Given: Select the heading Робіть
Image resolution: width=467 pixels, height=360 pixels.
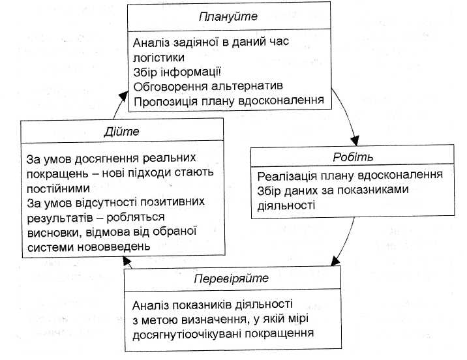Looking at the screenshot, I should [353, 157].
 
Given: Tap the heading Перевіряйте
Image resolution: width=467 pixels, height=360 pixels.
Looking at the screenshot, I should [231, 278].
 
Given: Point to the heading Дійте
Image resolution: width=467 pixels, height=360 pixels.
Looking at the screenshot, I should [122, 131].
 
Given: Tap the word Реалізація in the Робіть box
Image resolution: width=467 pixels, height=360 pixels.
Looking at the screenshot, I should [286, 175].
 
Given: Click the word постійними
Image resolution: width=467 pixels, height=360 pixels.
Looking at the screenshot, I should [56, 188].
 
